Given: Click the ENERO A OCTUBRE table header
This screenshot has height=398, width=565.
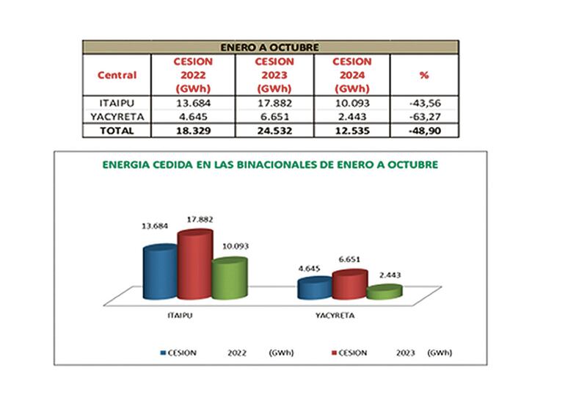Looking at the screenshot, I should [270, 47].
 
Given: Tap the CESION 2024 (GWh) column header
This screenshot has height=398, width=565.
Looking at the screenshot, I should [353, 75].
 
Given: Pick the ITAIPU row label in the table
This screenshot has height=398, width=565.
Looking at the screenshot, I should [116, 103].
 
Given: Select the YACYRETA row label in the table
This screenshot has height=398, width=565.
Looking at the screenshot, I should [116, 117].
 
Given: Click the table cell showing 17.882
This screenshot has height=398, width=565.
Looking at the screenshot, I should [273, 103].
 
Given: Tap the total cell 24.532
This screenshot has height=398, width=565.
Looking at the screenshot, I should [273, 131].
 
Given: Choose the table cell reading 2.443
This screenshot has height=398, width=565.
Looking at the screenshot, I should [353, 117].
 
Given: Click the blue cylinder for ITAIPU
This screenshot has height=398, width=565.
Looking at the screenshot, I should [161, 272].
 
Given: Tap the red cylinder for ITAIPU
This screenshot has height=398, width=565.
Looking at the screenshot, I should [194, 265].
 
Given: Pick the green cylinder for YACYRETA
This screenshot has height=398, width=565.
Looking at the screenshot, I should [384, 292].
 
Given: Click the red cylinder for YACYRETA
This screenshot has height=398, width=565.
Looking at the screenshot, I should [350, 284].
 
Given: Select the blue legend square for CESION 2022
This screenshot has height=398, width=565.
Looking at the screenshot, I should [164, 353].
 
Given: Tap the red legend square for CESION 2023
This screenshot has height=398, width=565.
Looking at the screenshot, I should [335, 353].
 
